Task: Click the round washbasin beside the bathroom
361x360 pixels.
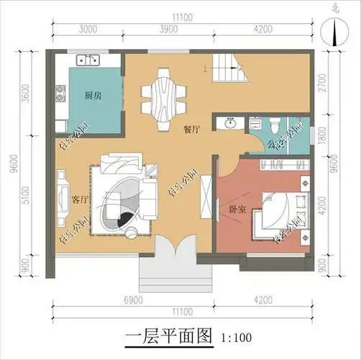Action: click(231, 123)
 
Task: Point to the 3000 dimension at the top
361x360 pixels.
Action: click(88, 30)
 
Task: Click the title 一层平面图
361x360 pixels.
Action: click(170, 336)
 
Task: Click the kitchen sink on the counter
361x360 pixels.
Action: click(86, 58)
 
